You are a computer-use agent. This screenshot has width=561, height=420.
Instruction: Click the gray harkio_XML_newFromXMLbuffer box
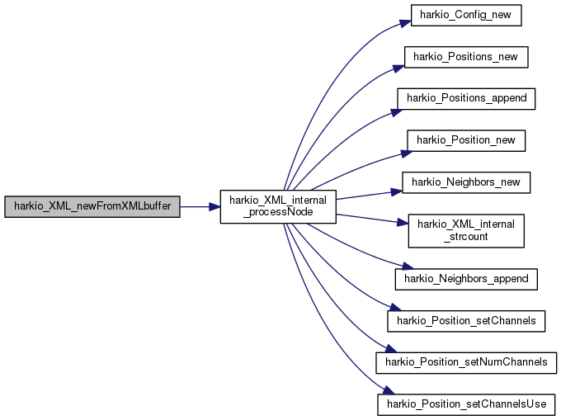(92, 206)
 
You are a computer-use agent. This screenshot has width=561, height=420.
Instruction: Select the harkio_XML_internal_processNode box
(278, 207)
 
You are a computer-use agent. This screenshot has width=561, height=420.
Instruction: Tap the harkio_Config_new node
(466, 15)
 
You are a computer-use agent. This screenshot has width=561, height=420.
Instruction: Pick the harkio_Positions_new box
(466, 57)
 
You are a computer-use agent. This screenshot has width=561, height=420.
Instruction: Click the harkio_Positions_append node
(466, 99)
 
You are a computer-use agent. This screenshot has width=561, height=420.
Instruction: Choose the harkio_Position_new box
(466, 140)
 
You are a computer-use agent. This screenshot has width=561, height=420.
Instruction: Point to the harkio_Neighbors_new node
(466, 182)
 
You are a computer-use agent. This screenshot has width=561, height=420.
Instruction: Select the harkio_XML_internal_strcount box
(466, 231)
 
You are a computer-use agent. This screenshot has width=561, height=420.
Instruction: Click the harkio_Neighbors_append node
(466, 279)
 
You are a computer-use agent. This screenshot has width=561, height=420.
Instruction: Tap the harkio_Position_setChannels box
(466, 321)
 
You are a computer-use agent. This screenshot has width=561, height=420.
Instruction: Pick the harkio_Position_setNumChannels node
(466, 363)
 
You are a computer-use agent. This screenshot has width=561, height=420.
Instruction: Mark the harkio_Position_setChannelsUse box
(466, 404)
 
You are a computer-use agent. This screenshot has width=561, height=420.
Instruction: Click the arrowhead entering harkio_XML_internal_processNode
(214, 207)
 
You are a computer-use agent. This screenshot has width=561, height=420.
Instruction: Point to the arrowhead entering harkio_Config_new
(405, 23)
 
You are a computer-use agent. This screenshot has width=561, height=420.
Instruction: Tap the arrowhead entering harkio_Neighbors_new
(397, 192)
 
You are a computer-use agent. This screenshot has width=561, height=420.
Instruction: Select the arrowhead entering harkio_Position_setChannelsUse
(389, 390)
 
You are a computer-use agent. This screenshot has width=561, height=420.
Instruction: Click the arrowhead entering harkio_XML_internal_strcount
(403, 223)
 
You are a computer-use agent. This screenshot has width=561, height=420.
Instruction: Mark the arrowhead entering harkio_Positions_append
(397, 112)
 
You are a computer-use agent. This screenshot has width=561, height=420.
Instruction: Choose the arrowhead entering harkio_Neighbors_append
(408, 267)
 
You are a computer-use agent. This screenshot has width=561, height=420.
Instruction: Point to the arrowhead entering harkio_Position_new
(407, 153)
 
